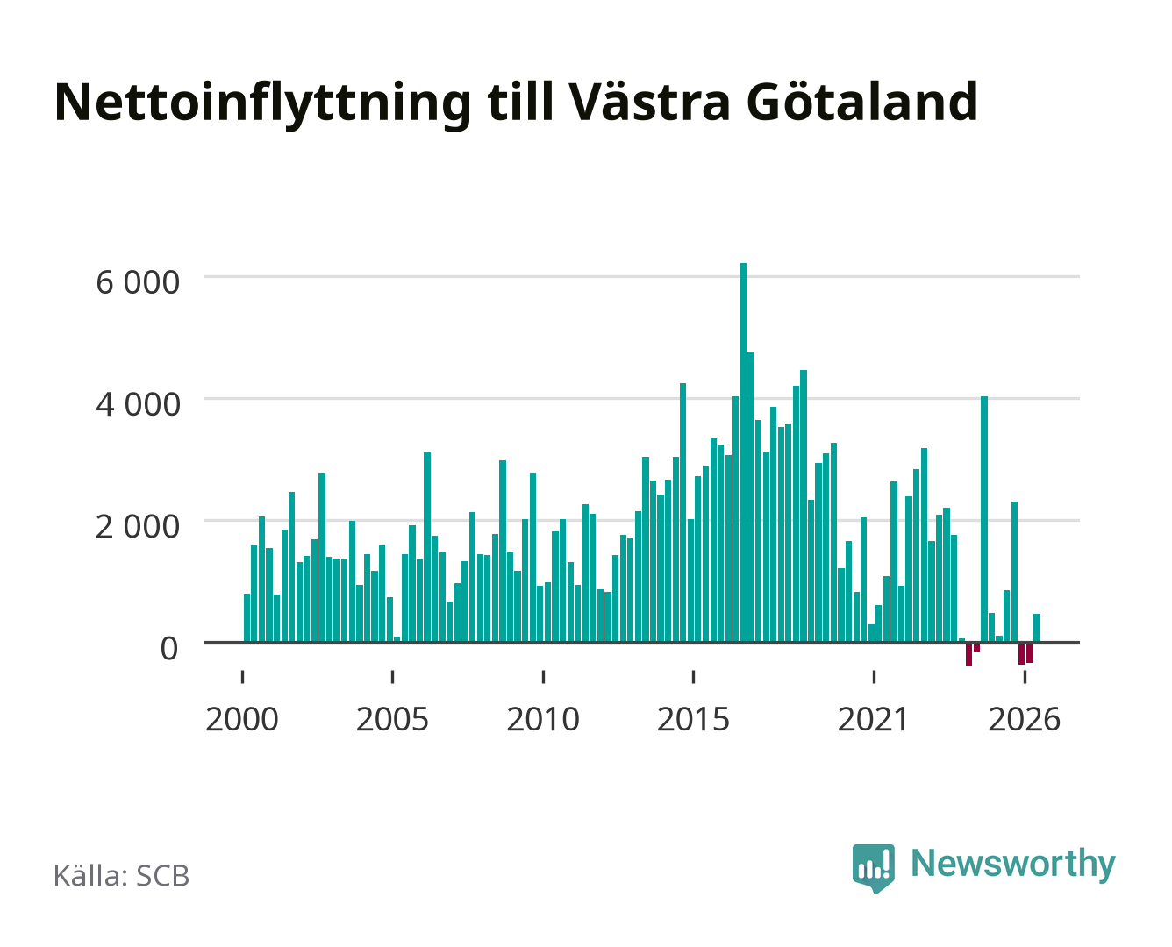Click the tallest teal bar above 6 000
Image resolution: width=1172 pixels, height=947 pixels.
pyautogui.click(x=743, y=452)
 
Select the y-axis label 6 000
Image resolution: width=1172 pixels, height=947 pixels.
pyautogui.click(x=138, y=282)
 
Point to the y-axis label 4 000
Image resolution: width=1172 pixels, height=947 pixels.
pyautogui.click(x=138, y=405)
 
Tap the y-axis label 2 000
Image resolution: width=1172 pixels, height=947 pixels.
pyautogui.click(x=138, y=527)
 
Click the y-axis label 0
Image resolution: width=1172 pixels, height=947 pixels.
pyautogui.click(x=169, y=648)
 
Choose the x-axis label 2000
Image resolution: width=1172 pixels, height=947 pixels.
pyautogui.click(x=242, y=719)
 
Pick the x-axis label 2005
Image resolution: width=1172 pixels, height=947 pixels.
pyautogui.click(x=392, y=719)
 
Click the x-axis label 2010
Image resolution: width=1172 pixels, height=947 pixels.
pyautogui.click(x=543, y=719)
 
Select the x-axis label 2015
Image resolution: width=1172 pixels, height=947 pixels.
pyautogui.click(x=693, y=719)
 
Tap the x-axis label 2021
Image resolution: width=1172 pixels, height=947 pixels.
pyautogui.click(x=873, y=719)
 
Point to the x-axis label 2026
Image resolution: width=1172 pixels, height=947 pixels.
pyautogui.click(x=1024, y=719)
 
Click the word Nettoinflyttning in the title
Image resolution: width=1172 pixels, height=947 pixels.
pyautogui.click(x=262, y=103)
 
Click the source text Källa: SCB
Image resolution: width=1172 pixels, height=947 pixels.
pyautogui.click(x=121, y=876)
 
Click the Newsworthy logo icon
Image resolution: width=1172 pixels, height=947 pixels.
pyautogui.click(x=873, y=868)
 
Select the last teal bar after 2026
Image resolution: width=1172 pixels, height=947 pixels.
pyautogui.click(x=1037, y=628)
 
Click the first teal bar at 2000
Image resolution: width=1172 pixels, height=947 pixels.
pyautogui.click(x=247, y=617)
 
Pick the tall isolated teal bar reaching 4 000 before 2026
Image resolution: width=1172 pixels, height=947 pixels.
pyautogui.click(x=984, y=518)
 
